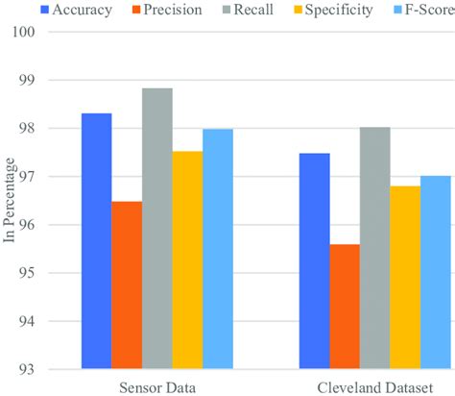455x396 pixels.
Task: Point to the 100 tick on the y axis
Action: pyautogui.click(x=49, y=32)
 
